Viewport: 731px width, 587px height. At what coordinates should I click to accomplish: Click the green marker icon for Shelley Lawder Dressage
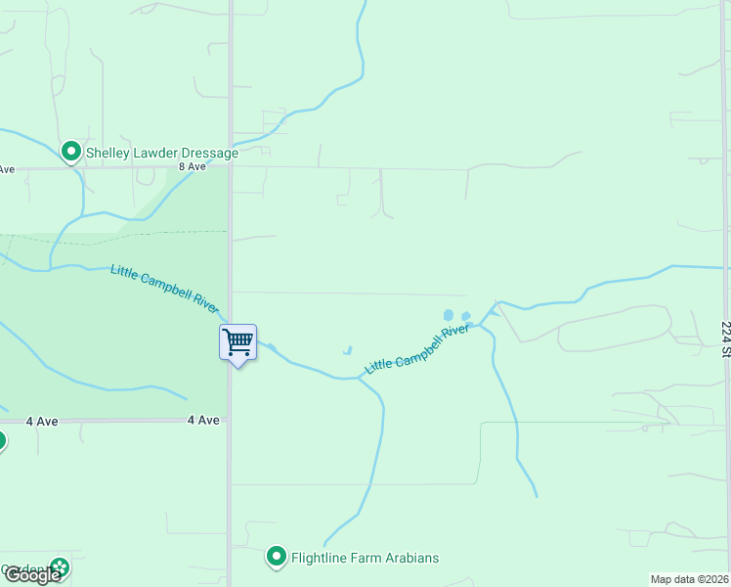tap(70, 152)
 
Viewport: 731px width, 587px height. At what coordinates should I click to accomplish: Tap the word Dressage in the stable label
tap(204, 153)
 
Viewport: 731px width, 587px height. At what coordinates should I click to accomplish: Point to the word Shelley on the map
tap(107, 153)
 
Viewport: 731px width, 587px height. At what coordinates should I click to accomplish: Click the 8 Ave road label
tap(193, 166)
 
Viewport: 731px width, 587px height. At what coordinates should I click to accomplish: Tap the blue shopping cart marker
tap(237, 342)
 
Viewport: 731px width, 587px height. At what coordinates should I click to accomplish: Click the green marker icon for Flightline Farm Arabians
tap(277, 558)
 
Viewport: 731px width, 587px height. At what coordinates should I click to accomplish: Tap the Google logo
tap(31, 575)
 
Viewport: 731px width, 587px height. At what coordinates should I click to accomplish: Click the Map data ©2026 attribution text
tap(689, 579)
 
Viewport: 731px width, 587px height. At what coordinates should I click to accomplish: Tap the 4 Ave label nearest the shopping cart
tap(203, 420)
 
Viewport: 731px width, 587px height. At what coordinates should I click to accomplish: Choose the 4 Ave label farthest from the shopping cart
tap(41, 421)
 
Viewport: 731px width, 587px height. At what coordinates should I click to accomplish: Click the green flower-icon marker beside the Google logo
tap(61, 566)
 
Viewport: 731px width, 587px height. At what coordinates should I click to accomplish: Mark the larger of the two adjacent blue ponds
tap(449, 315)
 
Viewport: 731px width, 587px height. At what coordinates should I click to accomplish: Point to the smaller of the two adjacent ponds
tap(465, 316)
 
